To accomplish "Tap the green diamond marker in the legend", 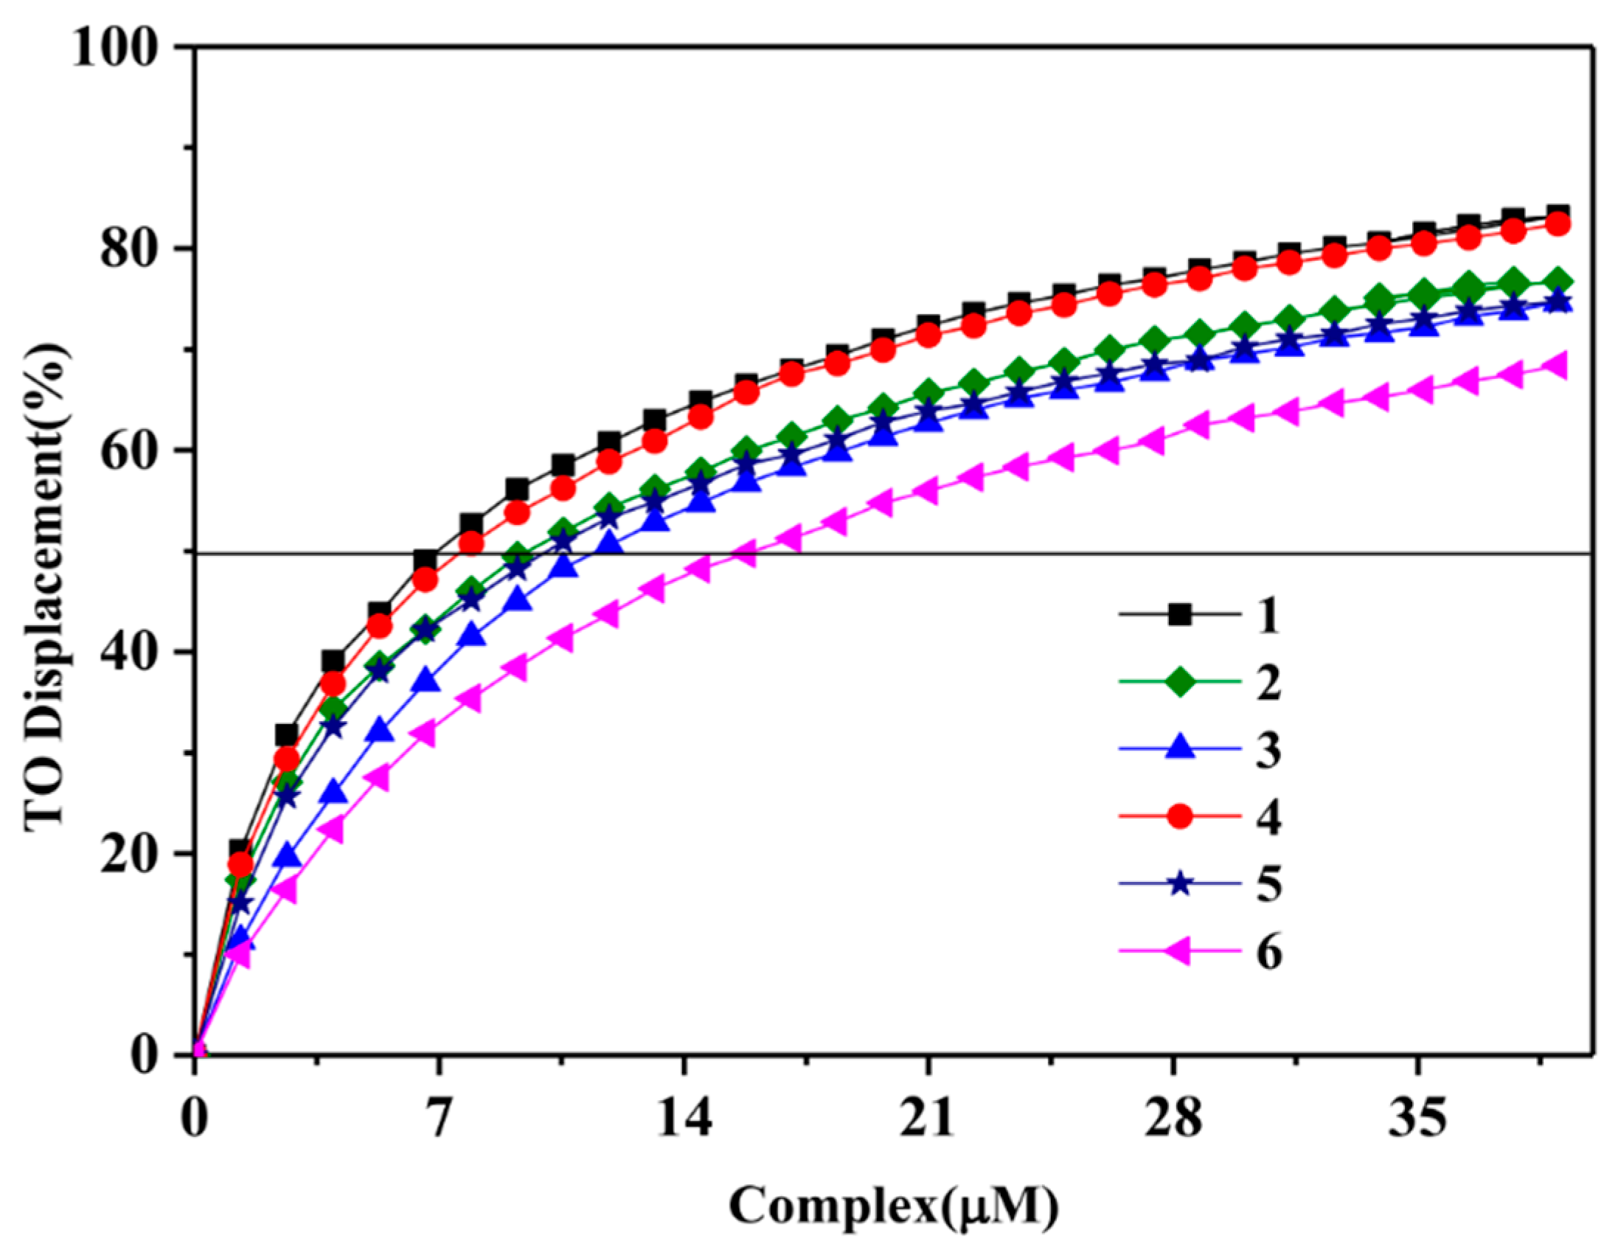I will coord(1179,681).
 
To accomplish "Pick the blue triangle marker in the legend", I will coord(1179,749).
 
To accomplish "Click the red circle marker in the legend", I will coord(1179,816).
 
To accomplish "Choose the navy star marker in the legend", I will coord(1179,884).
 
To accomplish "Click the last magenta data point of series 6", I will coord(1556,365).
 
